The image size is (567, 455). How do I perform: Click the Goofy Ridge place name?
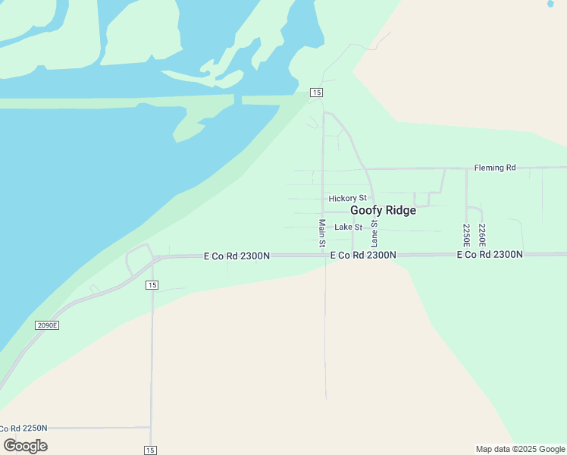point(383,211)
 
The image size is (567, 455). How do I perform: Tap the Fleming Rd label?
point(494,168)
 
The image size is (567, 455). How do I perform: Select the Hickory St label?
point(347,199)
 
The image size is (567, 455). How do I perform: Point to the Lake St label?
point(349,227)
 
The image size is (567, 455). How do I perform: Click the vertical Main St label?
point(322,234)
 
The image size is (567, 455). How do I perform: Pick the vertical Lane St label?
point(374,234)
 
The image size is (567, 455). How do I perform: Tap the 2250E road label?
point(466,235)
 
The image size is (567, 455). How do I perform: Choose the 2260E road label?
point(482,235)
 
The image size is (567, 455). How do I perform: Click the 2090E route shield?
point(47,325)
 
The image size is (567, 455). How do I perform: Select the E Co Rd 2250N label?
point(23,428)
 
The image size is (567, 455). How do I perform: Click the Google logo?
point(26,446)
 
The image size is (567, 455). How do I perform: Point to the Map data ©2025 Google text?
point(521,449)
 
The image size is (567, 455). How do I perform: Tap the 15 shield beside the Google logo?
point(151,450)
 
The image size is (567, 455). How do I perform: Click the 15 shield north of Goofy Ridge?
point(317,93)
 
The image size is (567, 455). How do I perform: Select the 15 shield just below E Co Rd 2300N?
point(152,285)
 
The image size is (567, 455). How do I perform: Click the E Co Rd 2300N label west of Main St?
point(237,256)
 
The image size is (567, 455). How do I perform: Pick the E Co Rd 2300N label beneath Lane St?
point(363,256)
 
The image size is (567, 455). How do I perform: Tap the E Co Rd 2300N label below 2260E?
point(490,255)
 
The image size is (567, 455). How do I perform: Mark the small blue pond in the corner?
point(550,3)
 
